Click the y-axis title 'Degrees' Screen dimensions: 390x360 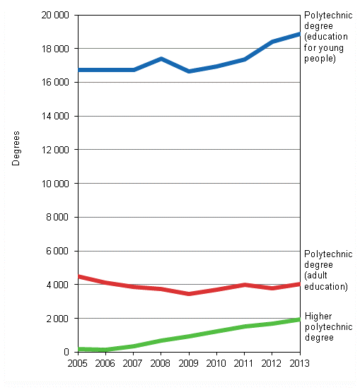pos(16,148)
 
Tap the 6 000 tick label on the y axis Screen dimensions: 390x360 pos(58,251)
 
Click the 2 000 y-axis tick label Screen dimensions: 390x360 pos(58,319)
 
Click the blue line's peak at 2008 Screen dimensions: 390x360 pos(161,59)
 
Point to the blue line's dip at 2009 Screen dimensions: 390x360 pos(189,71)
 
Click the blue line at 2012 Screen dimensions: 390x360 pos(272,42)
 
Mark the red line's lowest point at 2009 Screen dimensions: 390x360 pos(189,293)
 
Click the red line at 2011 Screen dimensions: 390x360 pos(244,285)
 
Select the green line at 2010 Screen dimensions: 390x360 pos(216,331)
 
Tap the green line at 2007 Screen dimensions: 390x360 pos(134,346)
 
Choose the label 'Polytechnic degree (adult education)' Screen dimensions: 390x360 pos(326,271)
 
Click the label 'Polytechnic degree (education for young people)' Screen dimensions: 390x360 pos(328,37)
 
